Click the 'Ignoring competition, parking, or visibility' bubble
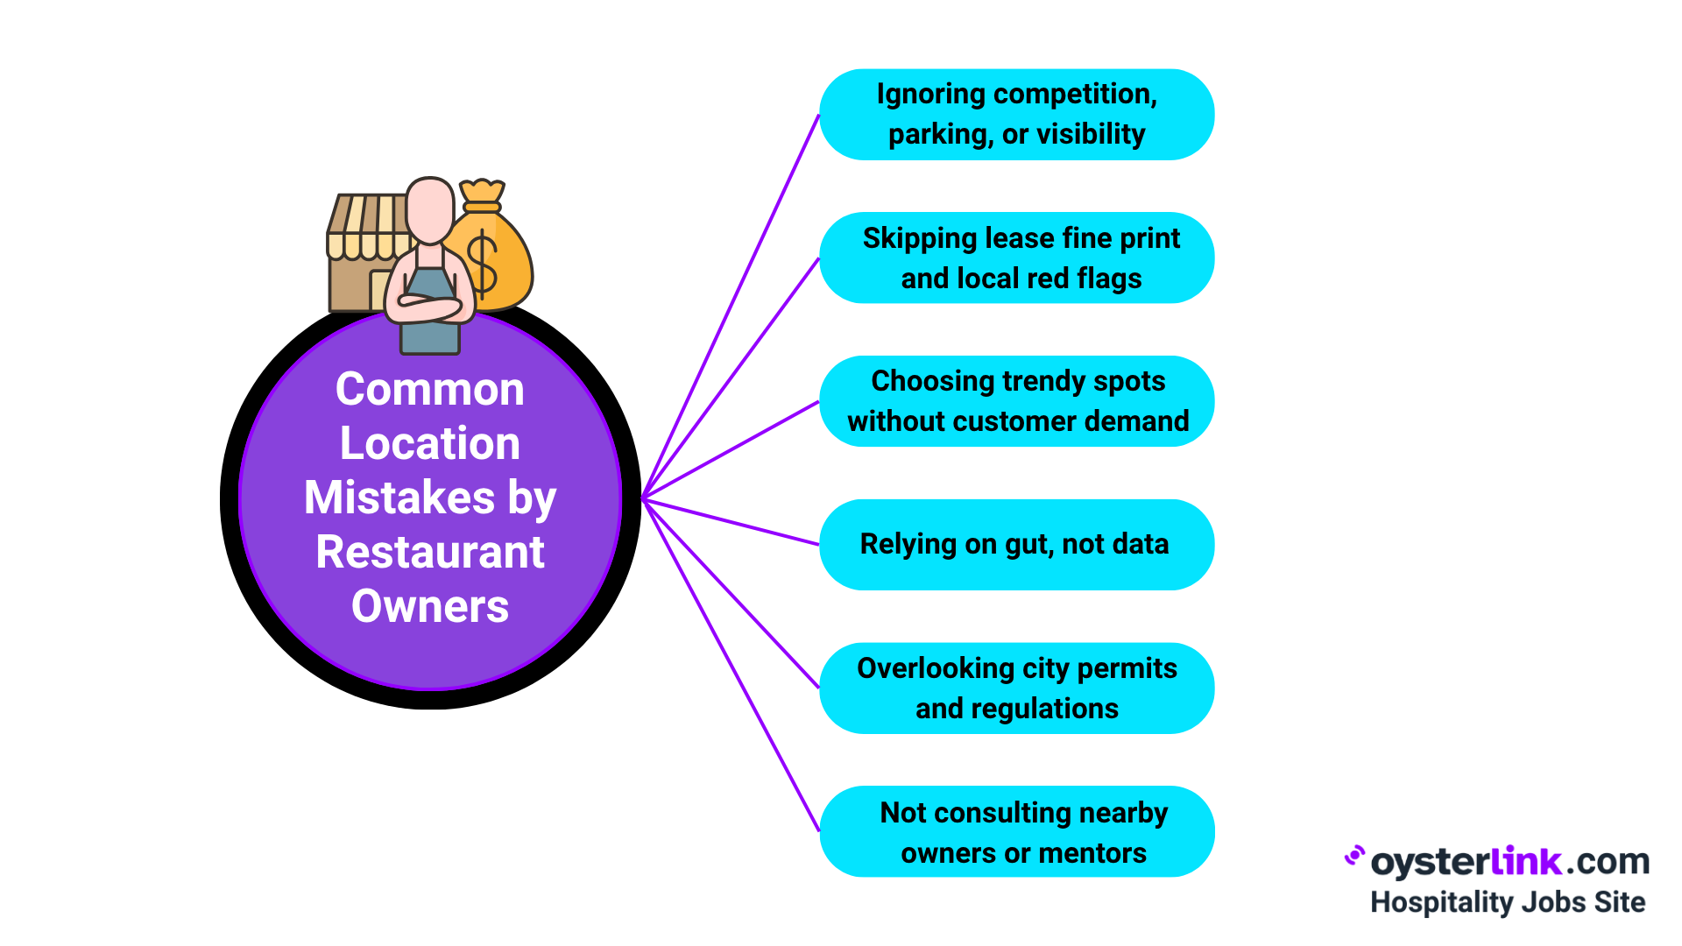[x=1016, y=115]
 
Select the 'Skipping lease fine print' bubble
[x=1016, y=258]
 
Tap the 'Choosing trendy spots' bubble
[x=1016, y=401]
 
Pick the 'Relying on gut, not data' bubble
[x=1016, y=545]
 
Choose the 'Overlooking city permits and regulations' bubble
[x=1016, y=688]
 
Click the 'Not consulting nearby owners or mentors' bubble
[x=1016, y=832]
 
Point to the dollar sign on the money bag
[x=483, y=263]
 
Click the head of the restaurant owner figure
[x=429, y=210]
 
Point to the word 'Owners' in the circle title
[x=429, y=606]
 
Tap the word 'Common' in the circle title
[x=429, y=389]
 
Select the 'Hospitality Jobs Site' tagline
[x=1507, y=902]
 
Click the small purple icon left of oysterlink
[x=1354, y=856]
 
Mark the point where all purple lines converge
[x=643, y=498]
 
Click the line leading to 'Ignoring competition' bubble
[x=731, y=307]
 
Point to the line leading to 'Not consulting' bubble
[x=731, y=666]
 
